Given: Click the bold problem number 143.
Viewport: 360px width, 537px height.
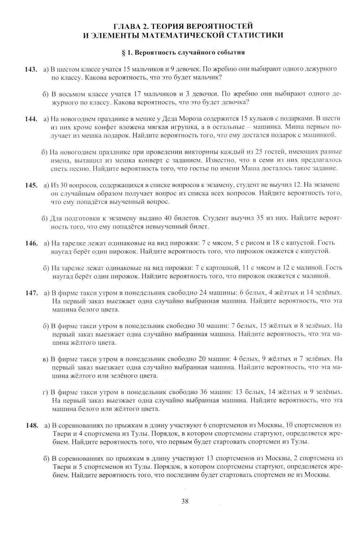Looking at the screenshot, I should pos(31,69).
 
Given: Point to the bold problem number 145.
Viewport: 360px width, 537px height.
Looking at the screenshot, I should pos(31,185).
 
